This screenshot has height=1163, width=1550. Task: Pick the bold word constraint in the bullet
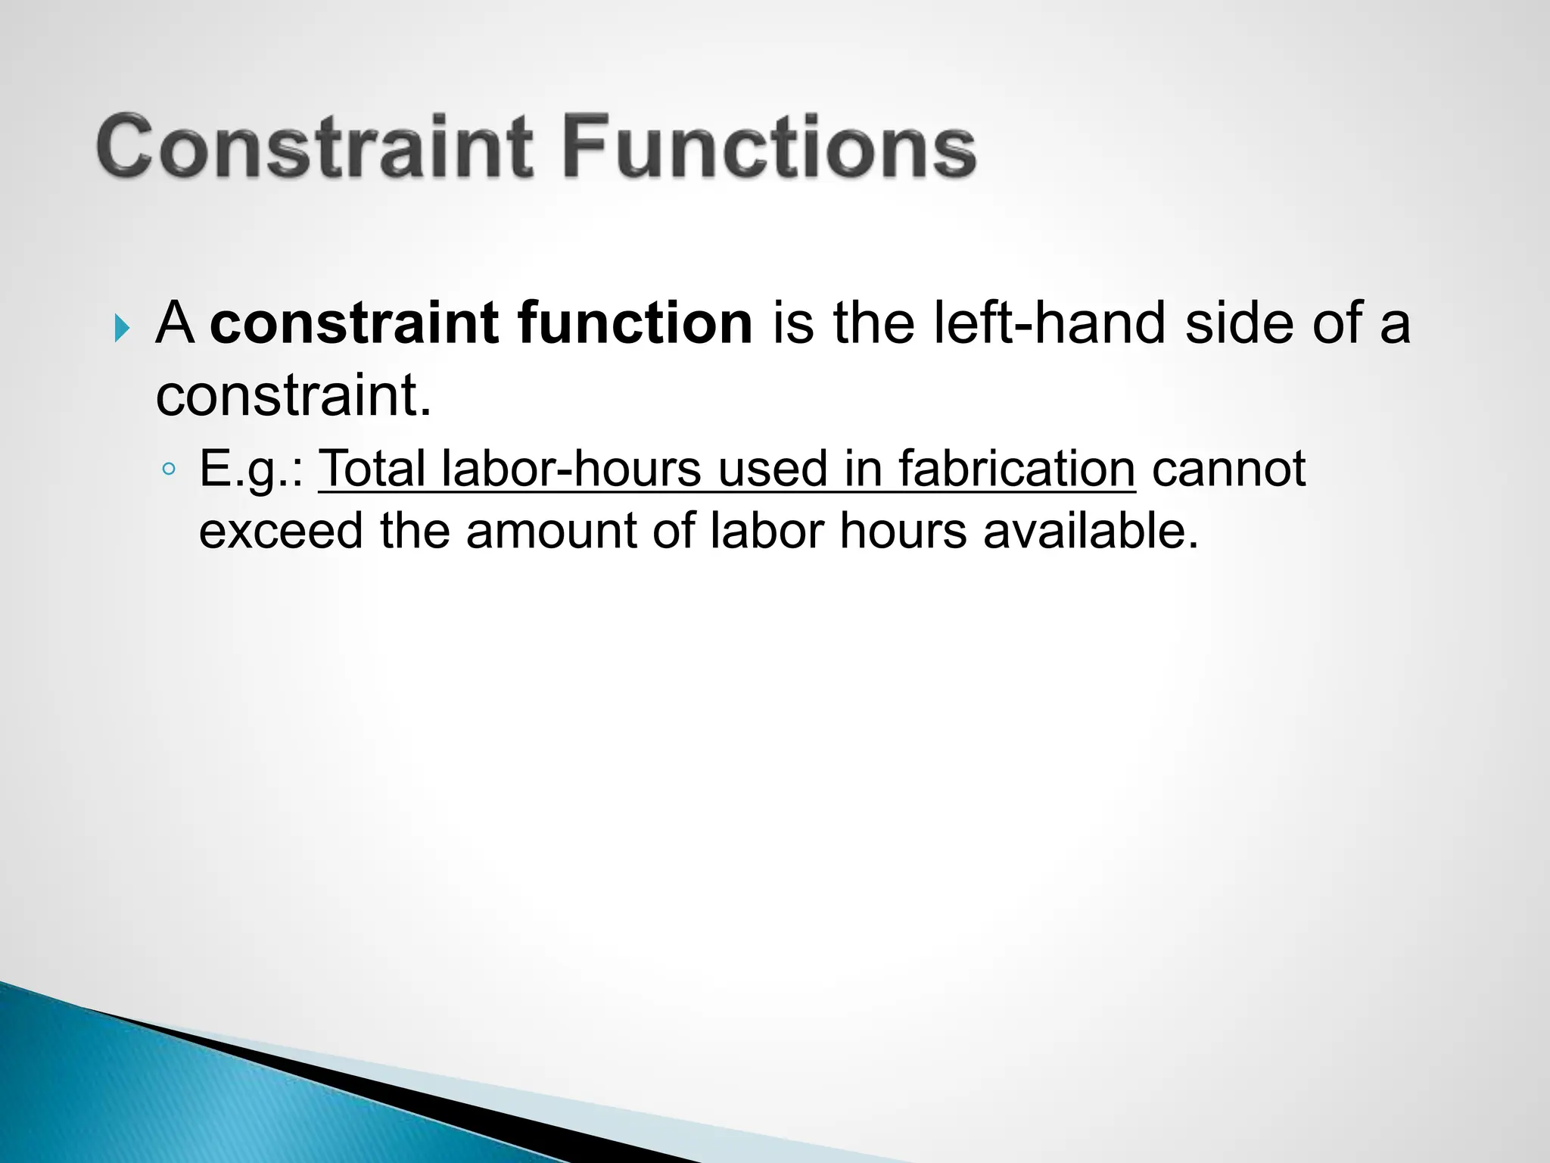click(354, 323)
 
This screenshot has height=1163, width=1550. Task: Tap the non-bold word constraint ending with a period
click(294, 395)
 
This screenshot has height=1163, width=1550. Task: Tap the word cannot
click(1228, 469)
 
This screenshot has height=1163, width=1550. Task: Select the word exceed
click(281, 531)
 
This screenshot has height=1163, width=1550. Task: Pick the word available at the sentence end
click(1091, 531)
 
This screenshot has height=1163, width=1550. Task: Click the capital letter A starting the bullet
click(175, 323)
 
